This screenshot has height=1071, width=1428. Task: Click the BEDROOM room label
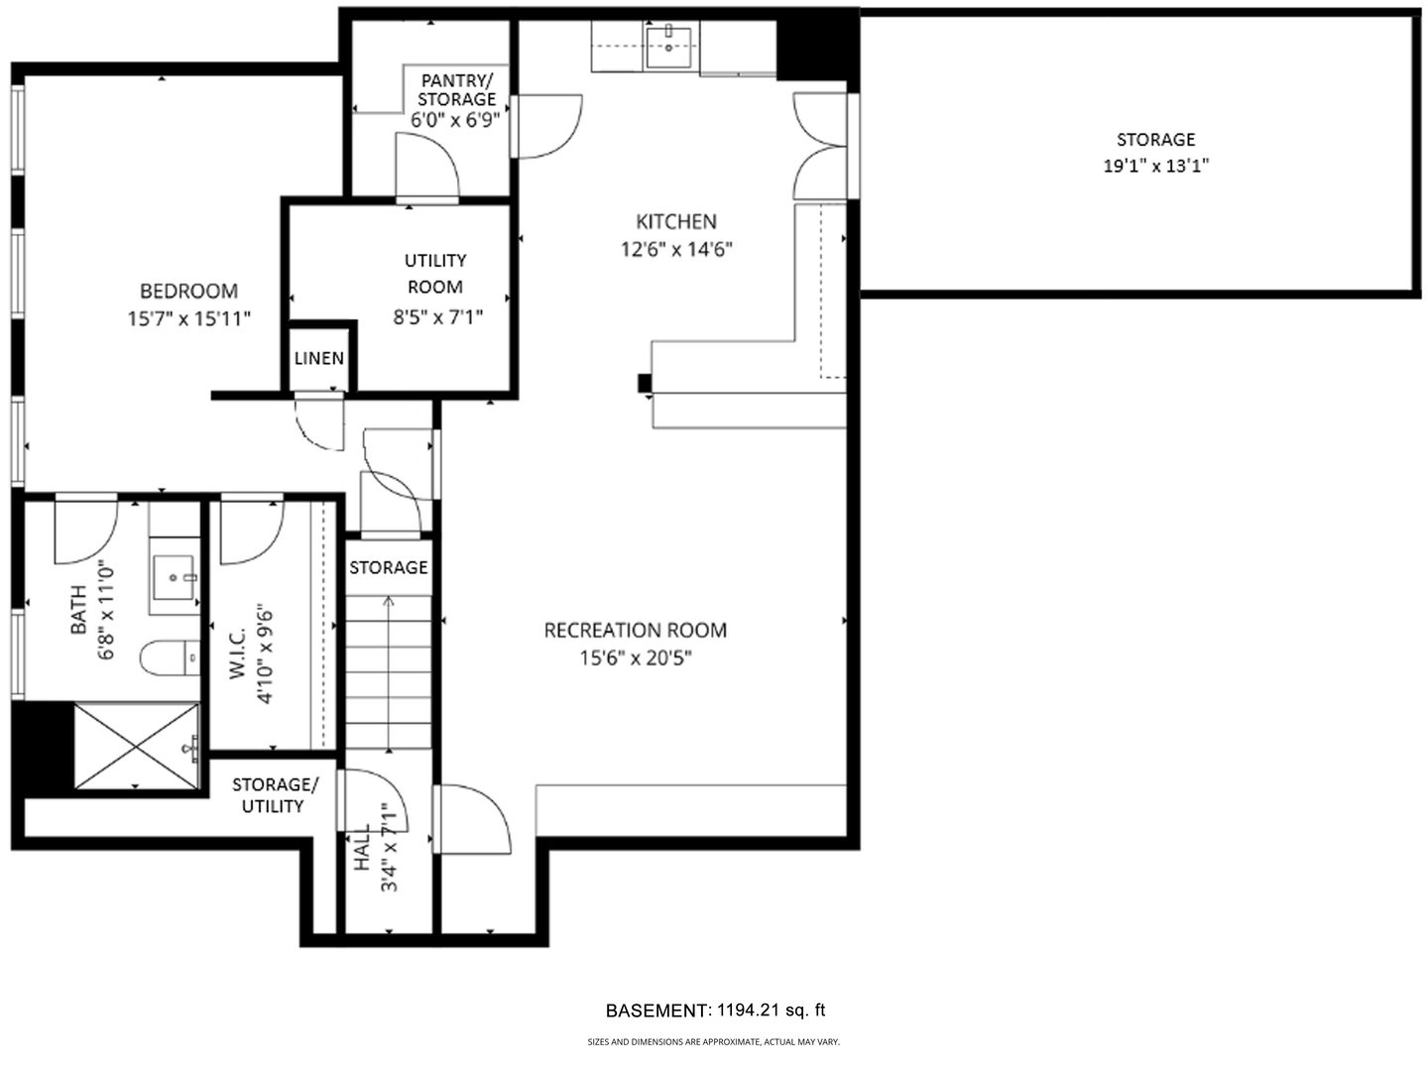pyautogui.click(x=188, y=291)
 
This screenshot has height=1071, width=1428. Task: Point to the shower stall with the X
pyautogui.click(x=136, y=746)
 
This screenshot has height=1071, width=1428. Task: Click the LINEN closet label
pyautogui.click(x=319, y=358)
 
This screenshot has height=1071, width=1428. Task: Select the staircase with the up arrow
pyautogui.click(x=388, y=674)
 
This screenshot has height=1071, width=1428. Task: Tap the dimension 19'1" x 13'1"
pyautogui.click(x=1155, y=166)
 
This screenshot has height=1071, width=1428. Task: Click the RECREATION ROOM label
pyautogui.click(x=635, y=630)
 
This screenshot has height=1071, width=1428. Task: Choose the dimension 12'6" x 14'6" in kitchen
pyautogui.click(x=676, y=249)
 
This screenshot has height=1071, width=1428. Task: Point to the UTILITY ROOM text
pyautogui.click(x=434, y=274)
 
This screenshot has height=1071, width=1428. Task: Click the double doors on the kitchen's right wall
pyautogui.click(x=820, y=147)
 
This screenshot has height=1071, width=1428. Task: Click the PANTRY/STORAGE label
pyautogui.click(x=456, y=89)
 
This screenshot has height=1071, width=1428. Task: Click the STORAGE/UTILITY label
pyautogui.click(x=275, y=795)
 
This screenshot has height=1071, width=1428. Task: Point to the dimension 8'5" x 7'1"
pyautogui.click(x=436, y=318)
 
